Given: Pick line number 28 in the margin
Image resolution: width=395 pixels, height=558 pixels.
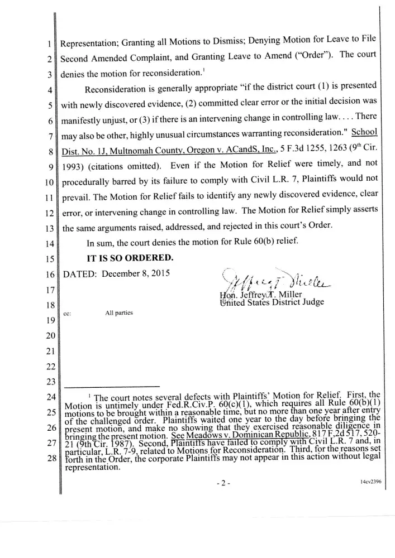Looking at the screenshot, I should pos(50,459).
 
